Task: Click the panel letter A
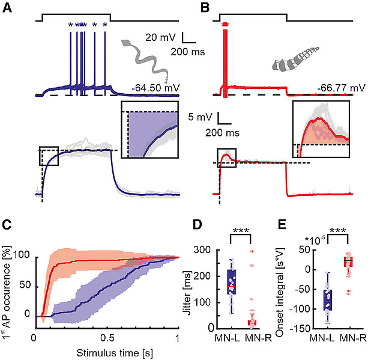coord(7,8)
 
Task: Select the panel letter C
coord(7,225)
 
